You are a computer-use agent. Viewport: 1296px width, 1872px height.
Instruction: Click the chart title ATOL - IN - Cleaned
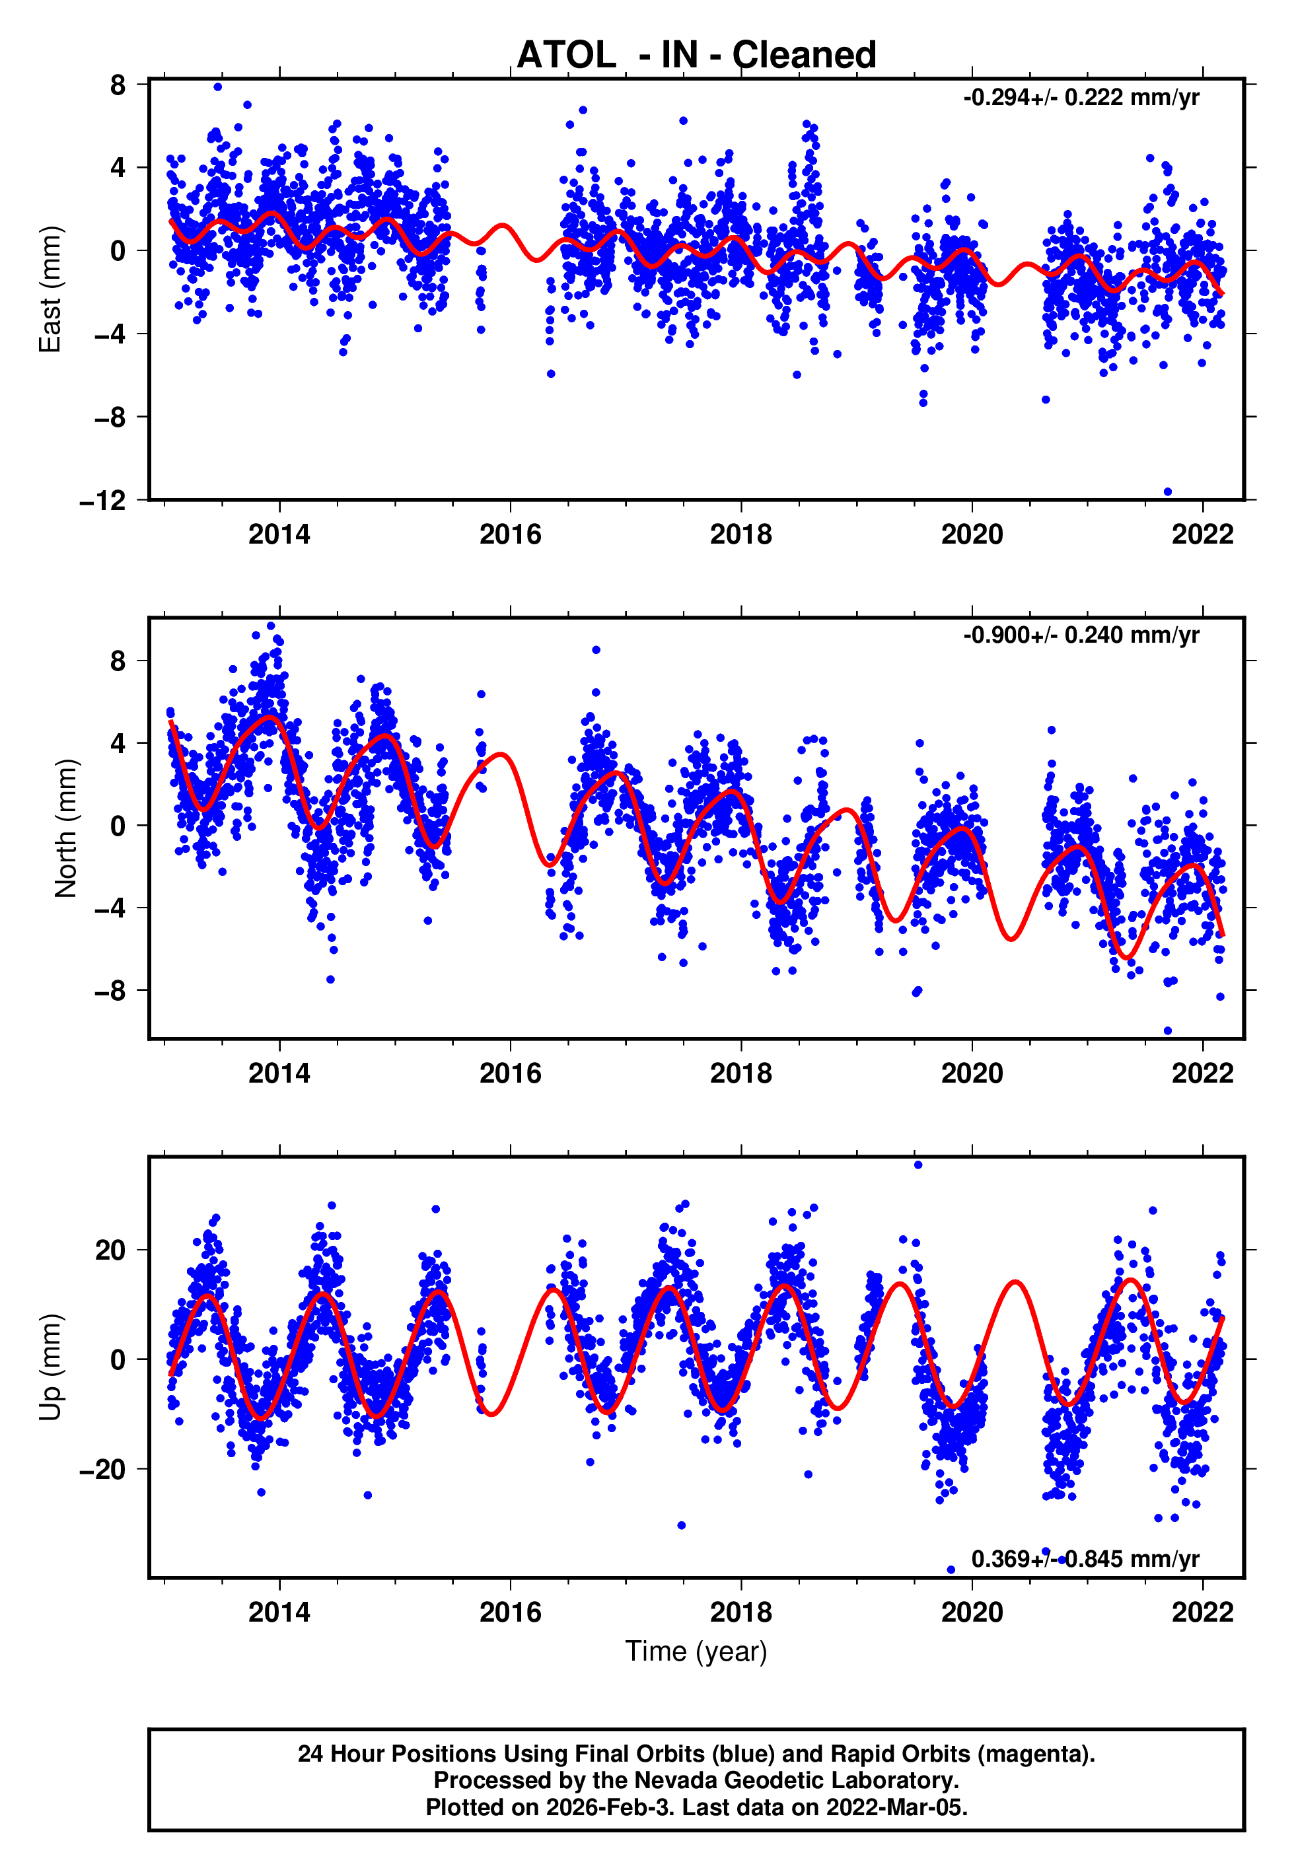(696, 55)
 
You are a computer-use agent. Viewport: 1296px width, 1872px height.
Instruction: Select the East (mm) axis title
(50, 290)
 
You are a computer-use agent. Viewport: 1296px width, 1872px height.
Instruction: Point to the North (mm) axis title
(66, 828)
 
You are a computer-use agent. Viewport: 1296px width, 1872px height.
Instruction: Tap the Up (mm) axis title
(50, 1367)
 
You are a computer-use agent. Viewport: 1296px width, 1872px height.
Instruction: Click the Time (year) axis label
(696, 1651)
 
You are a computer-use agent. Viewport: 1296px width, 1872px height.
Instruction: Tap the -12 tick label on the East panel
(103, 501)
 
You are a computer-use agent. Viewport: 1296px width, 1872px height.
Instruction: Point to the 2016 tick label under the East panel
(510, 535)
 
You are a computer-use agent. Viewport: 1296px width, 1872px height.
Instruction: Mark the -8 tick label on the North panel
(110, 991)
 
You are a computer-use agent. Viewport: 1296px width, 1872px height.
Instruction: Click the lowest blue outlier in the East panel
(1168, 492)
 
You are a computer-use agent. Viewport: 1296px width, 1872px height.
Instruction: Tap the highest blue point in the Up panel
(918, 1165)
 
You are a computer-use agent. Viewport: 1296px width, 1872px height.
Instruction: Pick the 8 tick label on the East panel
(118, 85)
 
